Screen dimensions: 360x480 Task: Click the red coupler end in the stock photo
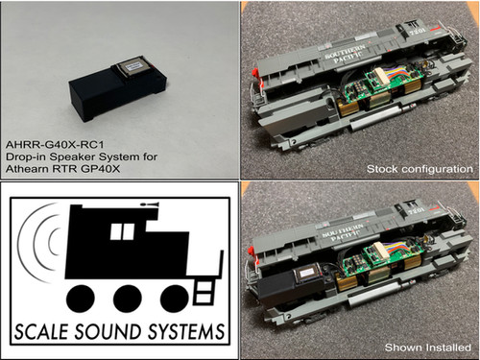pyautogui.click(x=254, y=73)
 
